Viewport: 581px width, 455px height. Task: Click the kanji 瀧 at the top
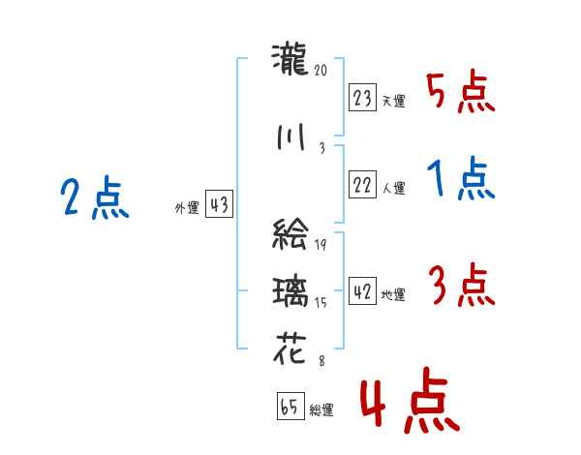[x=290, y=59]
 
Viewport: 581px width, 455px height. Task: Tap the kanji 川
[x=290, y=136]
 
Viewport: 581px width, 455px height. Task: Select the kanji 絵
[x=290, y=233]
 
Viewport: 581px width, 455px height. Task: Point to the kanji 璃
[x=290, y=292]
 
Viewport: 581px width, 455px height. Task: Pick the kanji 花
[x=290, y=349]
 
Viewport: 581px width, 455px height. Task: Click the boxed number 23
[x=362, y=98]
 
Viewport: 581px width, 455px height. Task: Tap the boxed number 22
[x=362, y=185]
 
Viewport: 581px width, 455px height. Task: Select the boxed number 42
[x=362, y=291]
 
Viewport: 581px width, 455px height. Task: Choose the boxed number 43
[x=219, y=204]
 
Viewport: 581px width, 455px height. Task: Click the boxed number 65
[x=290, y=406]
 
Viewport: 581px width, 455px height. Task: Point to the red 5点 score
[x=460, y=92]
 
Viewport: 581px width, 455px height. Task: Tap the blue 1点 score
[x=461, y=178]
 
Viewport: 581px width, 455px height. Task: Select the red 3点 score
[x=462, y=285]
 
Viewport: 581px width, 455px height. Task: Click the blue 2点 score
[x=95, y=197]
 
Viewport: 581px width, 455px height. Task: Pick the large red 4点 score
[x=410, y=400]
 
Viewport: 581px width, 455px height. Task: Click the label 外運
[x=187, y=208]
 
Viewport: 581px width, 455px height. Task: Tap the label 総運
[x=321, y=410]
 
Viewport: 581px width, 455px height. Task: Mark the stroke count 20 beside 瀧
[x=321, y=70]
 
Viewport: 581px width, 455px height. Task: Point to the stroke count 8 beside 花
[x=322, y=361]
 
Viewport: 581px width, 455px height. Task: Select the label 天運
[x=393, y=101]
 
